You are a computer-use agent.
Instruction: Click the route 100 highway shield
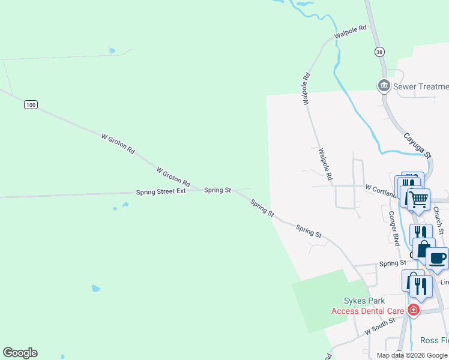(x=31, y=105)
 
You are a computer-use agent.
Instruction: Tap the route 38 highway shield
(x=379, y=52)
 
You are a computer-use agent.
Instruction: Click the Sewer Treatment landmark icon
(x=384, y=86)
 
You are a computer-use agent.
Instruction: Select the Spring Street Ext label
(x=161, y=191)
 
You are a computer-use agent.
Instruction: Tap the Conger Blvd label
(x=394, y=228)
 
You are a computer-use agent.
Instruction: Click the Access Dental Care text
(x=367, y=310)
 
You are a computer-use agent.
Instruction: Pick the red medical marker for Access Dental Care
(x=413, y=310)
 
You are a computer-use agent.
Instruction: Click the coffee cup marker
(x=438, y=258)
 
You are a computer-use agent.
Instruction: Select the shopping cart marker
(x=419, y=199)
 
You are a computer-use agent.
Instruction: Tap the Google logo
(x=20, y=353)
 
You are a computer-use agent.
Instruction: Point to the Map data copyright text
(x=412, y=355)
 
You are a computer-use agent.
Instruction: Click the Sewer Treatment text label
(x=421, y=86)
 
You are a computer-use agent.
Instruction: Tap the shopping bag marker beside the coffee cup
(x=423, y=248)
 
